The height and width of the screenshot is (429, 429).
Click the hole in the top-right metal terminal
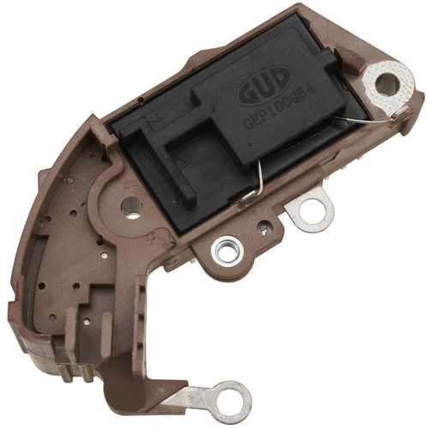click(387, 84)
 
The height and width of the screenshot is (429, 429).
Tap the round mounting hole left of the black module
click(131, 204)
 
